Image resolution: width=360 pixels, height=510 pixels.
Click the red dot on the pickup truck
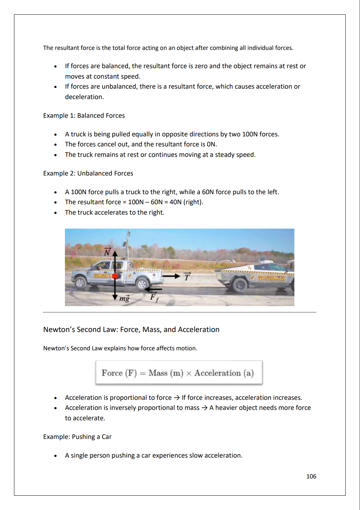click(115, 276)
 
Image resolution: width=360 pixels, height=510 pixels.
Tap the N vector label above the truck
click(107, 252)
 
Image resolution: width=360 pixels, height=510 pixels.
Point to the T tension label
click(187, 276)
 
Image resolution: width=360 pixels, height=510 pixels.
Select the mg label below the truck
click(124, 298)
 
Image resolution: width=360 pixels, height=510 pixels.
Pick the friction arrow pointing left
click(154, 289)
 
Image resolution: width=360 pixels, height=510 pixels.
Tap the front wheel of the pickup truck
click(142, 284)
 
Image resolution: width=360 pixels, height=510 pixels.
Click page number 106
click(311, 476)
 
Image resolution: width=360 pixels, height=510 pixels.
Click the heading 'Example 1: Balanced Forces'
click(84, 116)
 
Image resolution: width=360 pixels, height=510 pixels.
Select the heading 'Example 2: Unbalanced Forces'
click(88, 173)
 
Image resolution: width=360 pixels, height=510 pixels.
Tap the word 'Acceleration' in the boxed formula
click(218, 373)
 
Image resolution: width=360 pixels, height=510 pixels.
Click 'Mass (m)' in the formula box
click(166, 373)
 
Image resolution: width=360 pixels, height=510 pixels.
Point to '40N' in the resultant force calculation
click(175, 202)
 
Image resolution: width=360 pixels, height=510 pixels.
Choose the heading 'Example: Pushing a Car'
click(77, 437)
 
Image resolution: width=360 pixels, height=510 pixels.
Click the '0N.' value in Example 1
click(212, 144)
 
